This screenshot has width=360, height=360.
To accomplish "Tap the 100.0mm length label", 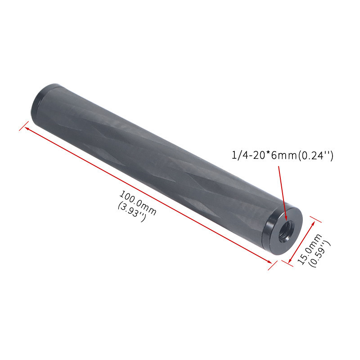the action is tap(138, 203).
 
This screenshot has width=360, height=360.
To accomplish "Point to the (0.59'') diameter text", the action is tap(320, 254).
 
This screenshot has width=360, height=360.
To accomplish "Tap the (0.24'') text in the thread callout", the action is tap(315, 156).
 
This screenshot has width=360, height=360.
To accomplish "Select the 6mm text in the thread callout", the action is tap(284, 156).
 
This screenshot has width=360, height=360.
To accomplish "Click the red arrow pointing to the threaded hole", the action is tap(283, 193).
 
